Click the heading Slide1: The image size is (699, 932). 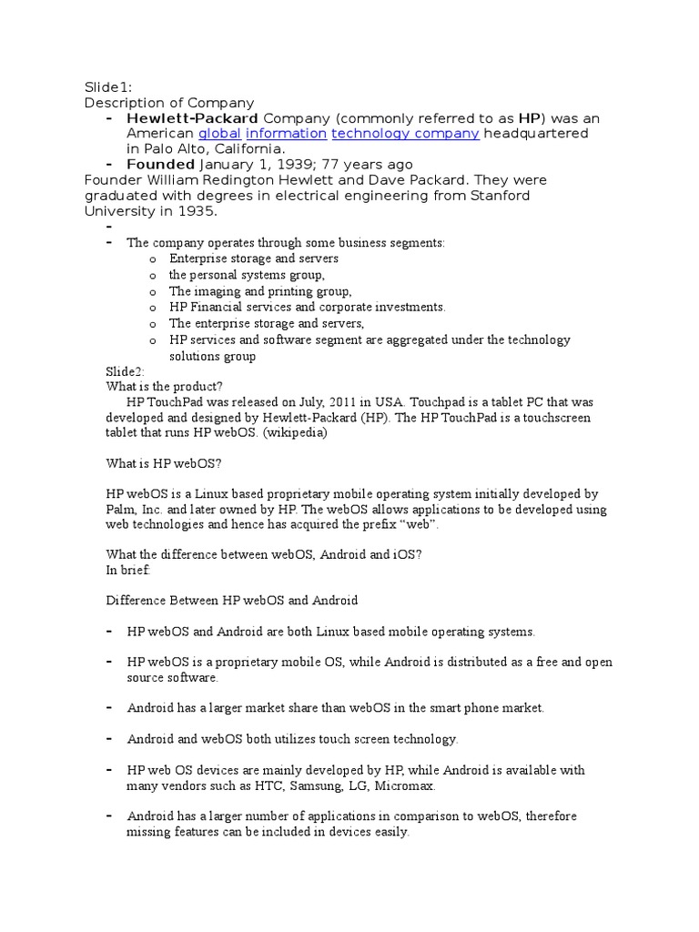tap(108, 87)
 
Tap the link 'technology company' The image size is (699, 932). tap(405, 134)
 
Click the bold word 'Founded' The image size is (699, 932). tap(160, 165)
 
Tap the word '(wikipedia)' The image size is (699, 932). tap(295, 432)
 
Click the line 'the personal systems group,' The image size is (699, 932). tap(247, 275)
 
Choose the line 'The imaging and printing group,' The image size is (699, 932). tap(260, 291)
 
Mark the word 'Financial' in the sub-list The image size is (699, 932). tap(217, 307)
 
